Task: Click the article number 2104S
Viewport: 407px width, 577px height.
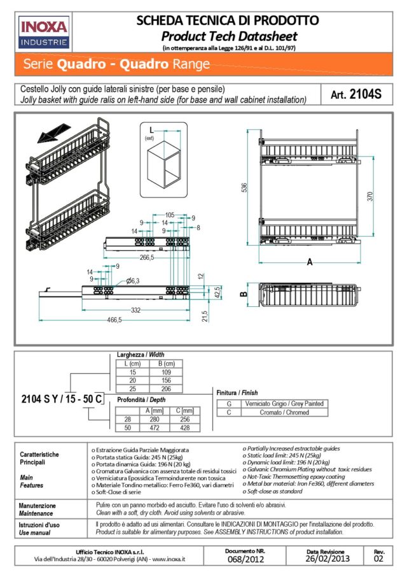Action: [356, 95]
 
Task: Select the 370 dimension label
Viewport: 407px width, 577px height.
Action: [370, 197]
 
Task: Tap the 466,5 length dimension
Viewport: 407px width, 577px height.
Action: [114, 320]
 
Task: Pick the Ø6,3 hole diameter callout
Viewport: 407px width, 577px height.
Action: [134, 281]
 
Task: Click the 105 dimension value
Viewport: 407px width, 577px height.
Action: [169, 215]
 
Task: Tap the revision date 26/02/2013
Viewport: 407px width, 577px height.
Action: [328, 560]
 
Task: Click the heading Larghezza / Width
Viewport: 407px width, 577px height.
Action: [141, 355]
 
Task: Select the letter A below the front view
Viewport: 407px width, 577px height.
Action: [309, 262]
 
